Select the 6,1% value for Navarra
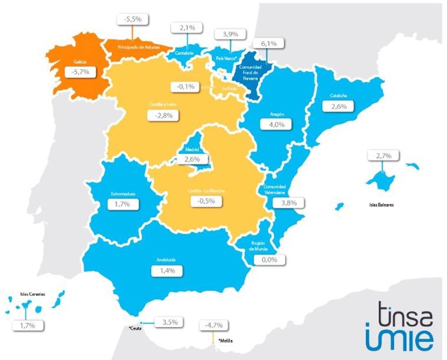[269, 43]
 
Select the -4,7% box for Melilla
[214, 325]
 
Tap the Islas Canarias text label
[32, 294]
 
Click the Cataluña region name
[338, 96]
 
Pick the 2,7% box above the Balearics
[382, 155]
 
